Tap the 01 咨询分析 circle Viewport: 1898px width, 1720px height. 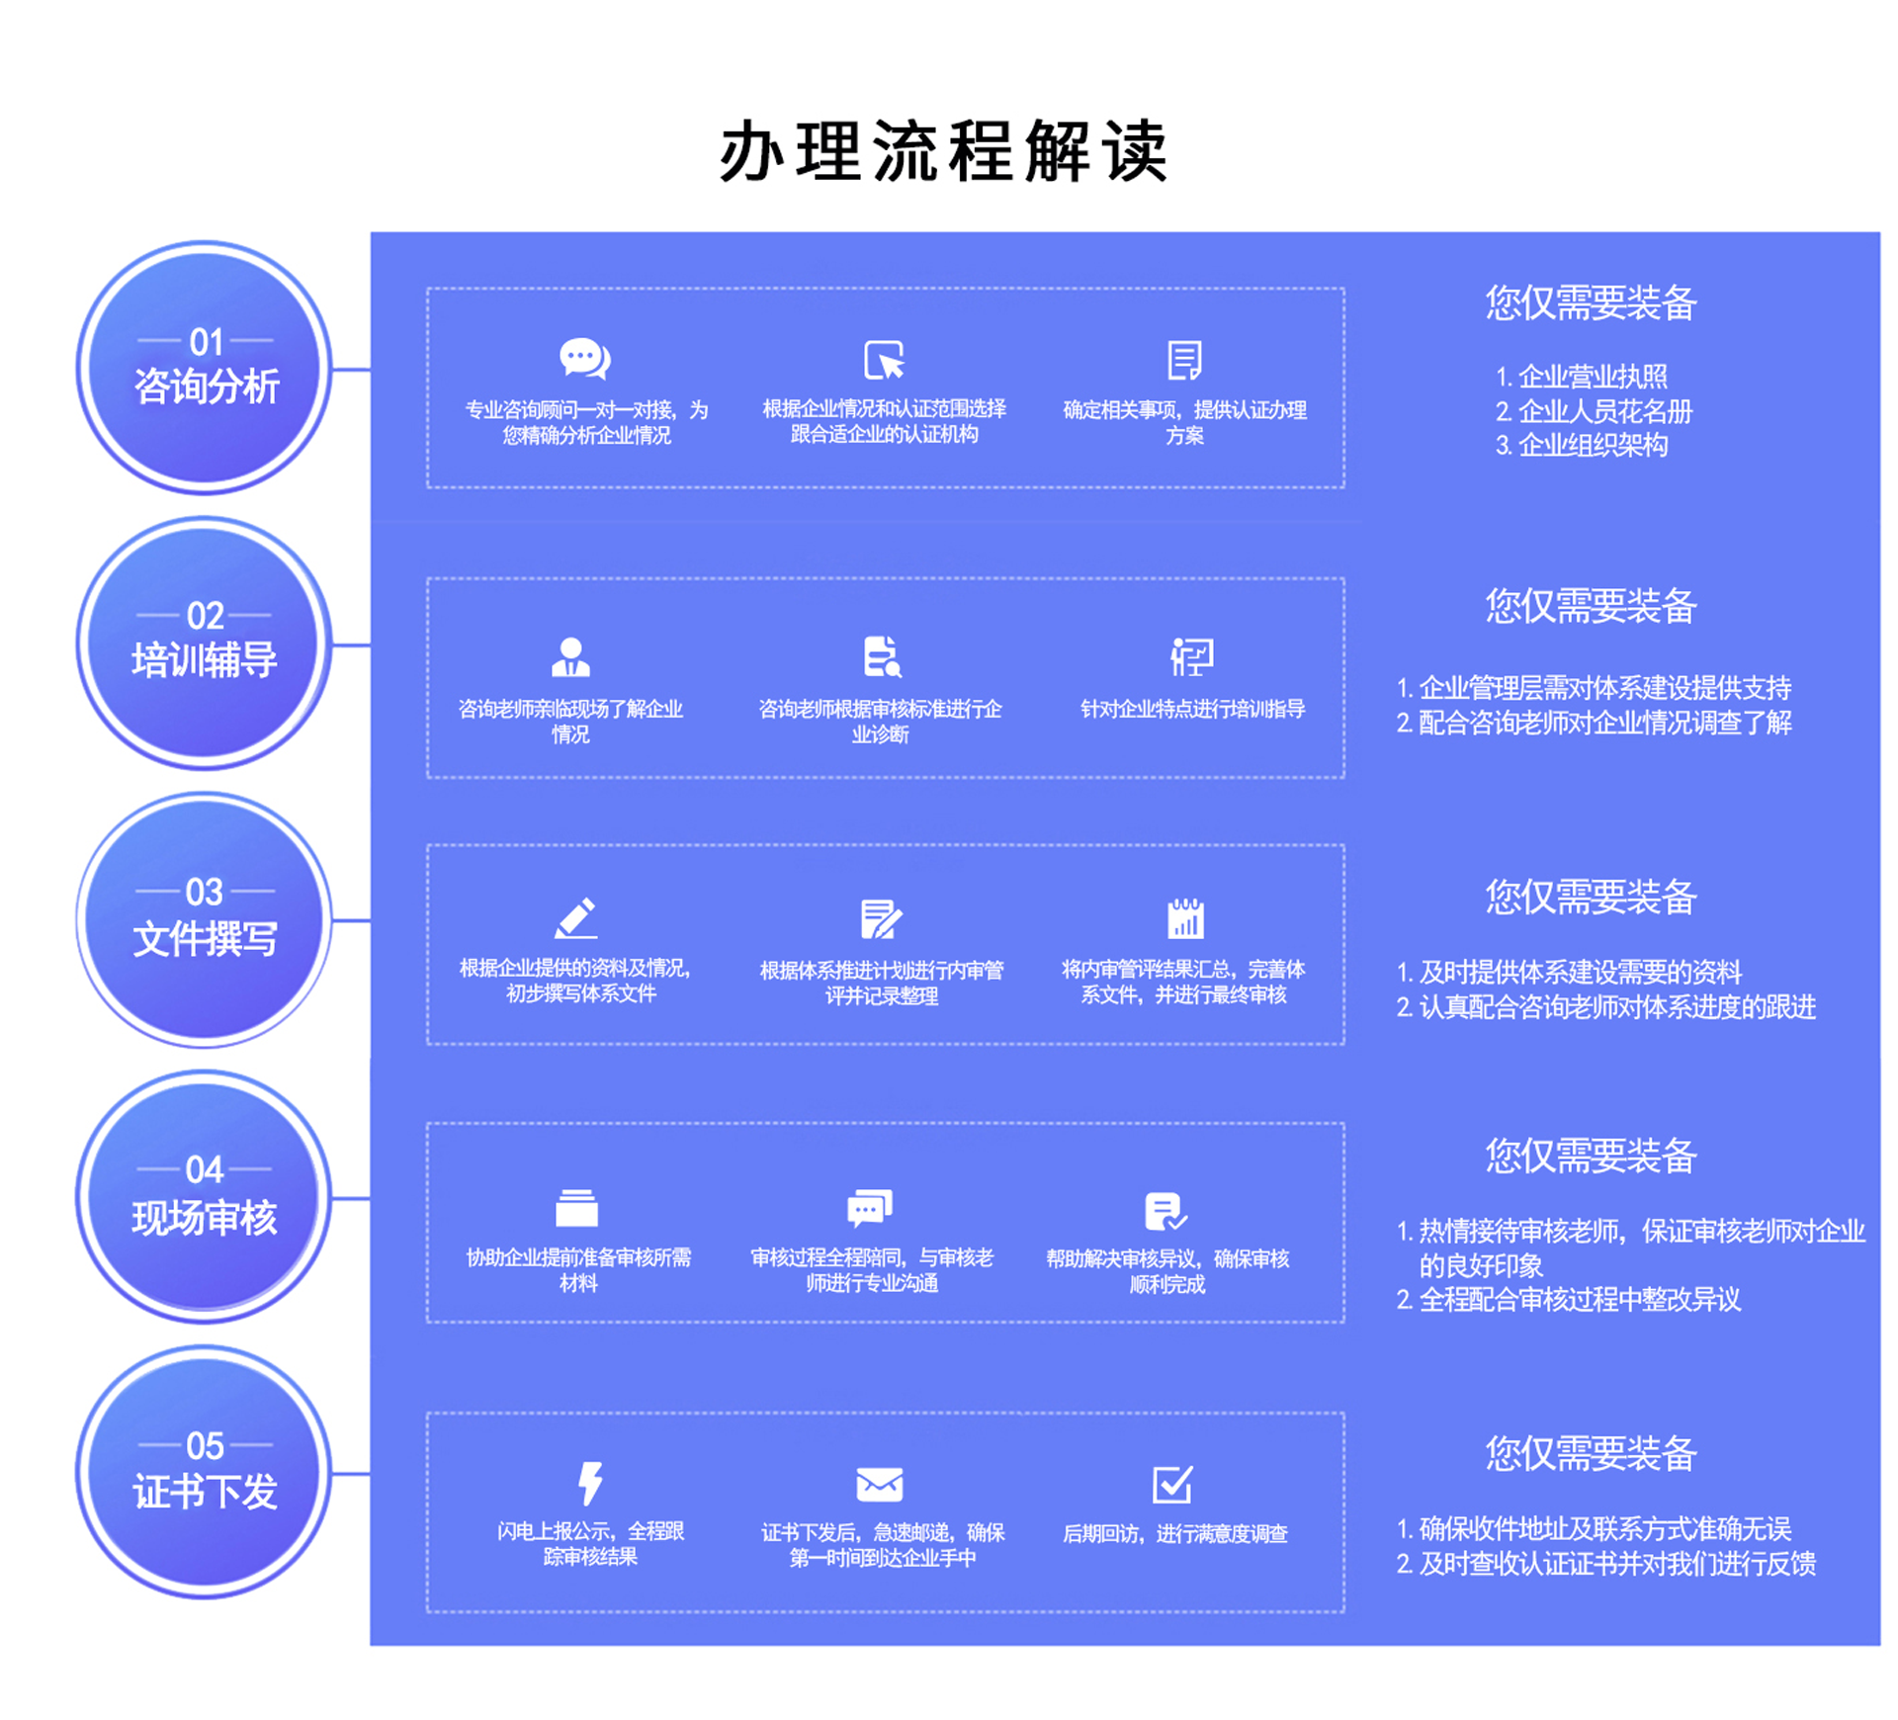(205, 368)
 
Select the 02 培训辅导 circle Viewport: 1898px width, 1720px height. (205, 643)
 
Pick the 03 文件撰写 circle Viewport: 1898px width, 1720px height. (205, 919)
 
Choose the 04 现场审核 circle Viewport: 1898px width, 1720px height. (205, 1197)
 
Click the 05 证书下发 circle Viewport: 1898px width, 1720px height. (205, 1472)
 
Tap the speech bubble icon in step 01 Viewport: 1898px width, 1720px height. (585, 359)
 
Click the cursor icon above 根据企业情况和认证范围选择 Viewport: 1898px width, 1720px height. (884, 360)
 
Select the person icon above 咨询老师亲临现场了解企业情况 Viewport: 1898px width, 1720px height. (570, 657)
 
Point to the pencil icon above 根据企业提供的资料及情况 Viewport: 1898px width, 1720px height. (575, 918)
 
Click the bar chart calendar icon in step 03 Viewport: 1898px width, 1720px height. (1185, 918)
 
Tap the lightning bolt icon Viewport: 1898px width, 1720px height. (590, 1483)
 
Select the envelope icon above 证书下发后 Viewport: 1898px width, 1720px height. (879, 1484)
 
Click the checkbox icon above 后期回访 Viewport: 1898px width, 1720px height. (1173, 1484)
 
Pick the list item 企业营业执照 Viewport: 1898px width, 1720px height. (1592, 377)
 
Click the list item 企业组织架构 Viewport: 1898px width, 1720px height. (1592, 446)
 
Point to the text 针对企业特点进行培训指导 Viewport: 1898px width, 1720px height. (1192, 709)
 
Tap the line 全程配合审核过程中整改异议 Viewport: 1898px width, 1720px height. (1579, 1300)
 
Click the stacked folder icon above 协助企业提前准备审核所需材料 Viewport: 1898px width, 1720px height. (576, 1208)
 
